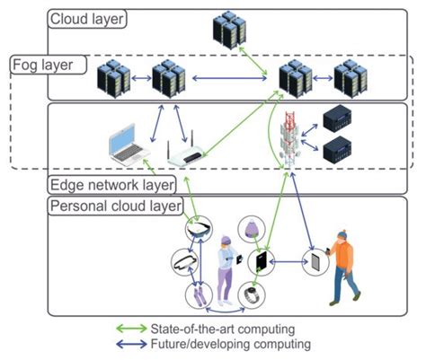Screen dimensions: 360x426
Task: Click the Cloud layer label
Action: (88, 19)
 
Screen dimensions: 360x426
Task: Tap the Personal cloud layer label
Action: (115, 206)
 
